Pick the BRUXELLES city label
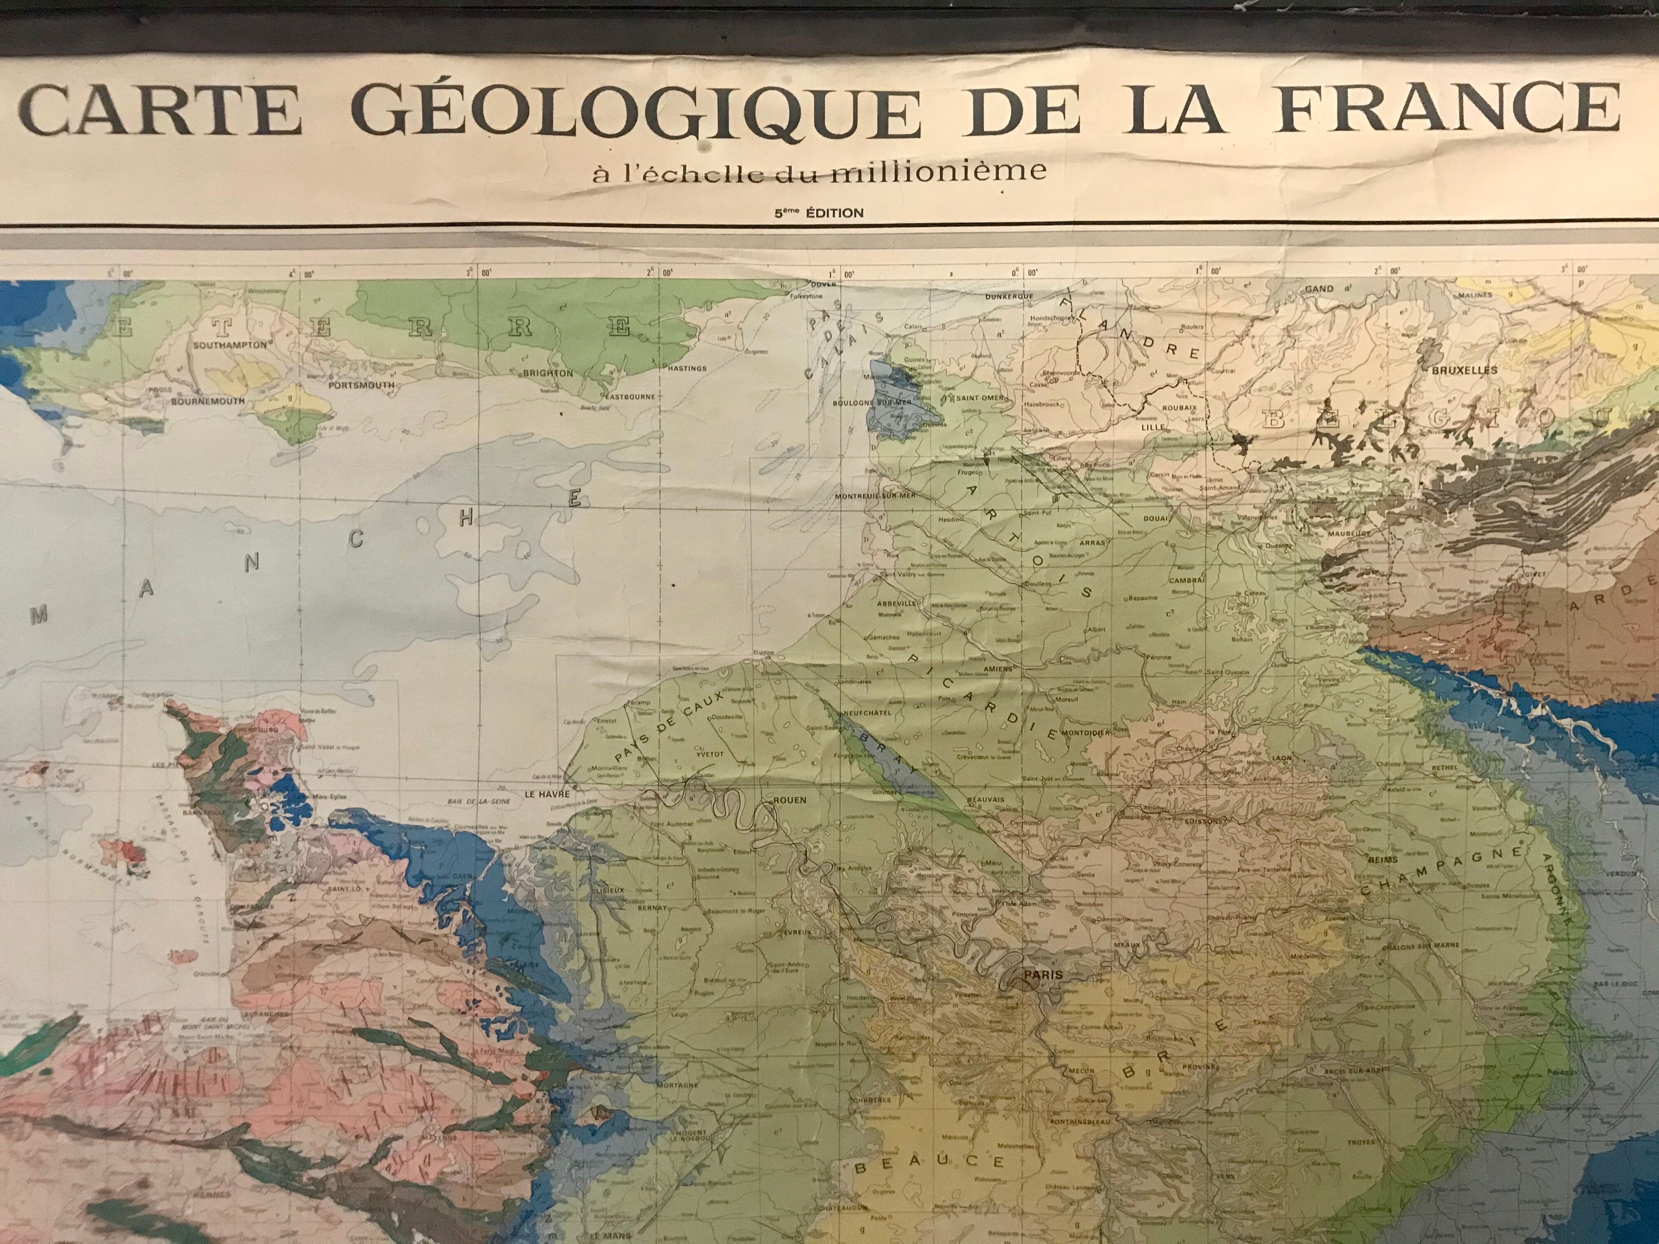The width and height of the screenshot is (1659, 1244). (1464, 370)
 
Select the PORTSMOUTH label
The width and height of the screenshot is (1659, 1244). (362, 385)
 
